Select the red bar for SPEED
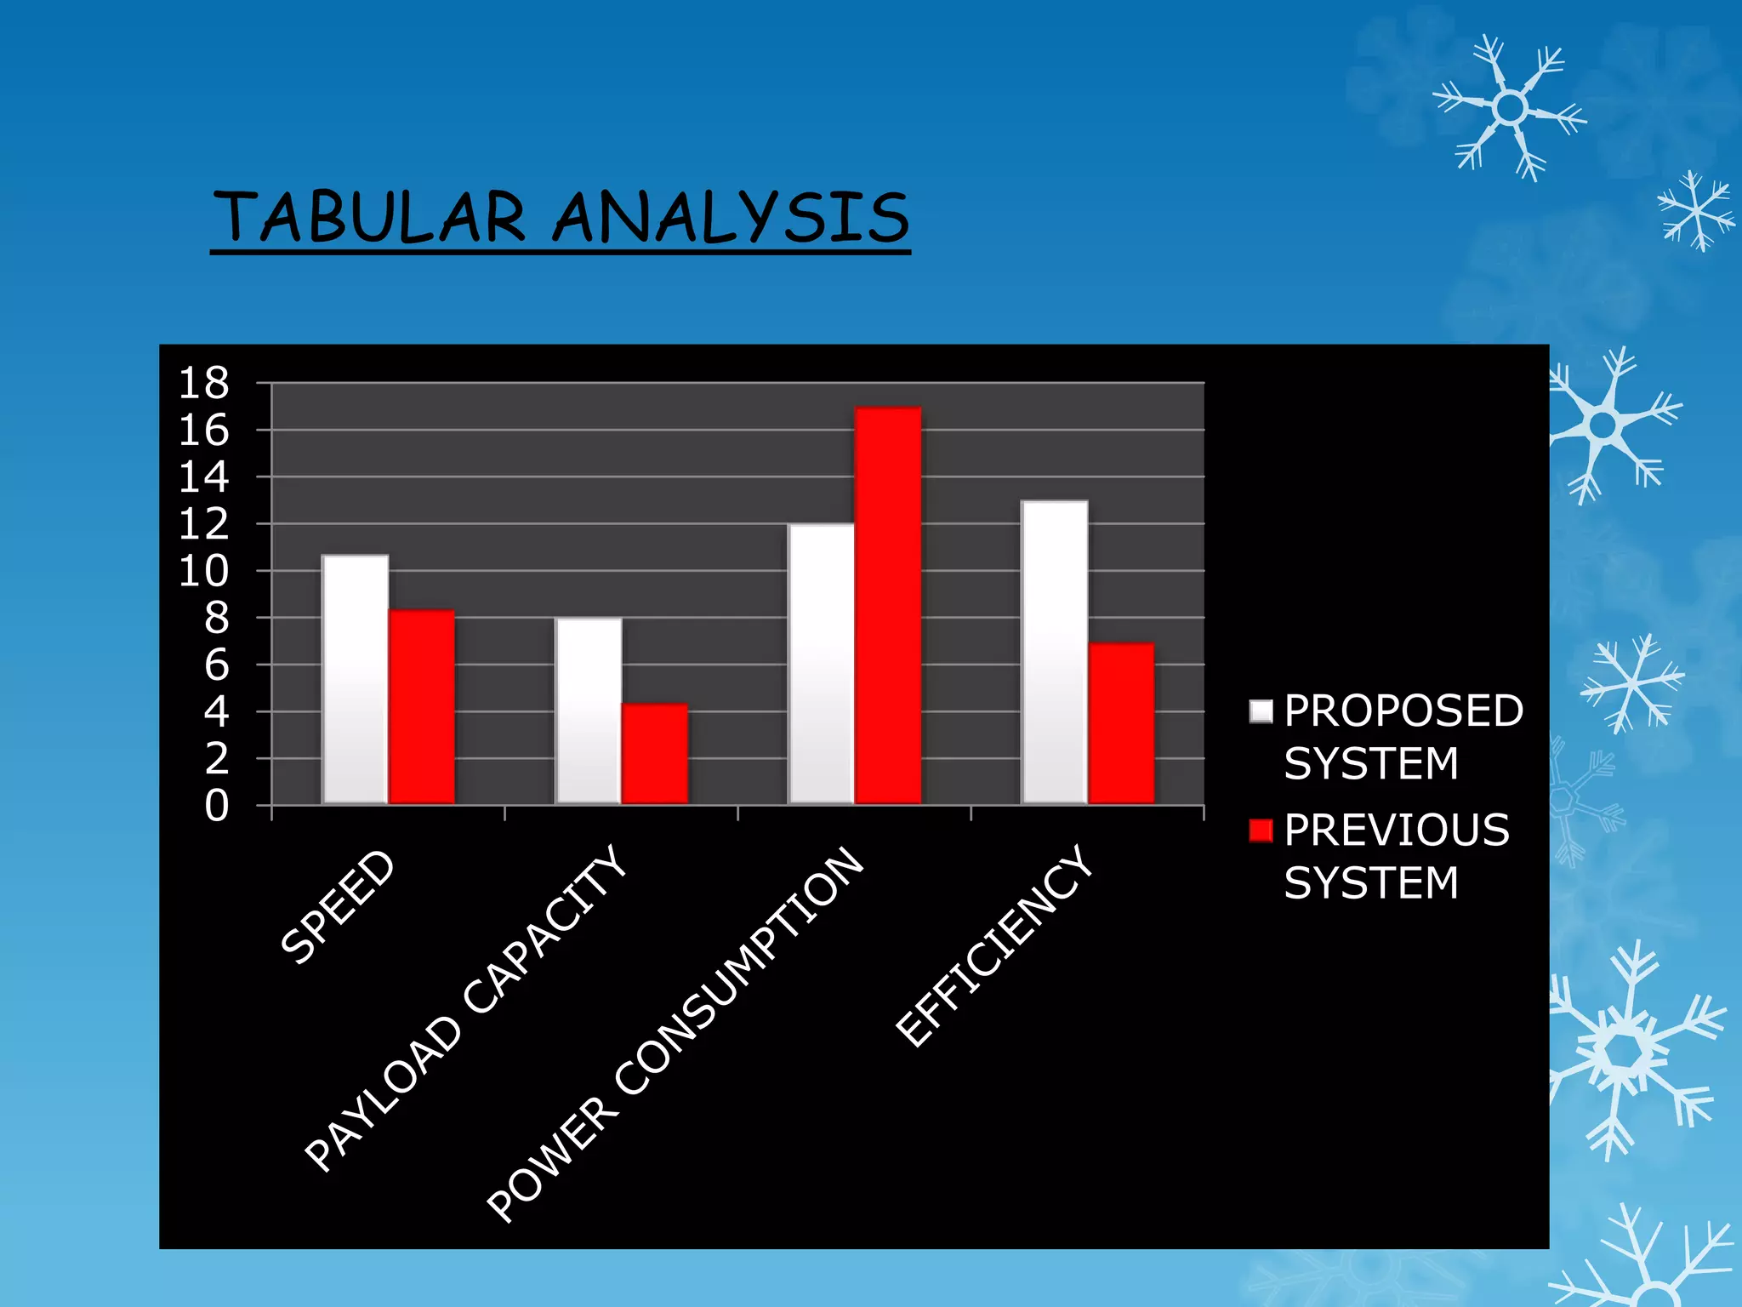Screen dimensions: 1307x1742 [x=422, y=706]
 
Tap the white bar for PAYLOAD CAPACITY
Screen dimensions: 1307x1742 [x=589, y=711]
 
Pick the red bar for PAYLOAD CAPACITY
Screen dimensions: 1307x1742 [x=655, y=753]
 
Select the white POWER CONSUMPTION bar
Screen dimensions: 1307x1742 [x=822, y=664]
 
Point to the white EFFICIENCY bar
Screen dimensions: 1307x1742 [x=1055, y=652]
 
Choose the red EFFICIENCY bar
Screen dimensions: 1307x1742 [x=1121, y=723]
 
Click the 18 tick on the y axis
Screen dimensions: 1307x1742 [x=204, y=384]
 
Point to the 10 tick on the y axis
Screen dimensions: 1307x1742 [x=204, y=572]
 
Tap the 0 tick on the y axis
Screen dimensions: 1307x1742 [x=217, y=806]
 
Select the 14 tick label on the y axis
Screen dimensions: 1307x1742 [x=204, y=477]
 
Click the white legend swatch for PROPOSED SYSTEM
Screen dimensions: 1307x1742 [x=1261, y=711]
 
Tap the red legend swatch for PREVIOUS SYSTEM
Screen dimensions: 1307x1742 [x=1261, y=830]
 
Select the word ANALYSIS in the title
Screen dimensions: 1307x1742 [x=732, y=218]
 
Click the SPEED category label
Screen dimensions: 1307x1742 [x=339, y=907]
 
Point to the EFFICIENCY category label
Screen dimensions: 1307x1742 [x=995, y=946]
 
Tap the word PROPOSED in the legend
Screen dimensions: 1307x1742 [x=1403, y=711]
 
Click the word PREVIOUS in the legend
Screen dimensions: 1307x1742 [x=1397, y=830]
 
